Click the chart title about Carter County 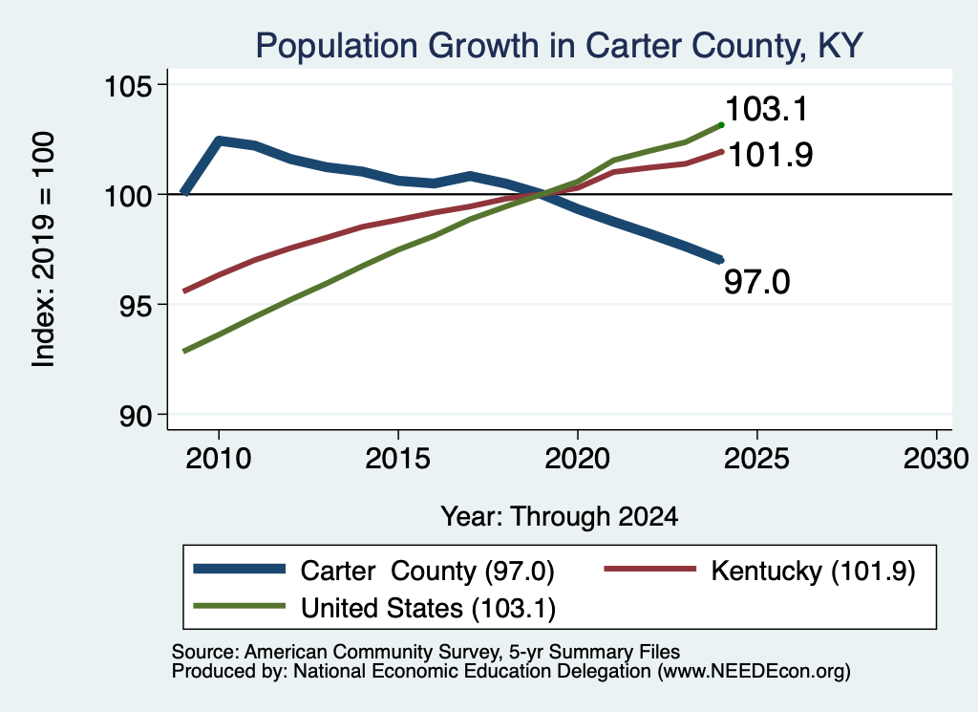point(559,46)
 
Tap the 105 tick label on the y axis point(128,85)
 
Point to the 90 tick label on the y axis point(136,416)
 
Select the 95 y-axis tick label point(136,306)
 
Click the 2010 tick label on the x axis point(219,459)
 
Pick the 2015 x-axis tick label point(398,459)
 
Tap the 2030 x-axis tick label point(936,459)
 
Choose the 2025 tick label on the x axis point(756,459)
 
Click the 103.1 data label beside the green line point(767,109)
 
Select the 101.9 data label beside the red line point(771,155)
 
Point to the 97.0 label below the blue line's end point(756,281)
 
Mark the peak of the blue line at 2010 point(219,140)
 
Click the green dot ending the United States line point(722,125)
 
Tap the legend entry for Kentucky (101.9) point(759,571)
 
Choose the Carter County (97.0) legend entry point(373,571)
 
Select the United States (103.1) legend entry point(374,608)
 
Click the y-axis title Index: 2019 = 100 point(44,249)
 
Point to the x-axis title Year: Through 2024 point(560,517)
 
